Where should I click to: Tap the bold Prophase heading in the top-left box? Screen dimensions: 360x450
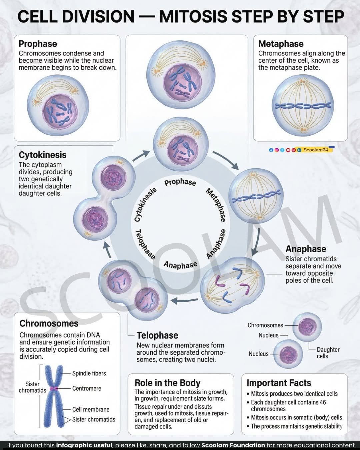click(38, 44)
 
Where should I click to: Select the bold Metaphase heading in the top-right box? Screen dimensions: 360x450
click(281, 44)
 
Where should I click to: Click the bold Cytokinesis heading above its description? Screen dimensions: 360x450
click(42, 155)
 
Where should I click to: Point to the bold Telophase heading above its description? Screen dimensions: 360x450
click(157, 335)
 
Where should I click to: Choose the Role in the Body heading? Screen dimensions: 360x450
click(167, 383)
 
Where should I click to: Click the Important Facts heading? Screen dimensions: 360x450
click(279, 383)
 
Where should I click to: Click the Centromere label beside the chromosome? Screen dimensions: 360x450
click(87, 388)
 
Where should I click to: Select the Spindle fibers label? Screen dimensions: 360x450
click(89, 373)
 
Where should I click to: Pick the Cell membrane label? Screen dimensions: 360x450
click(91, 409)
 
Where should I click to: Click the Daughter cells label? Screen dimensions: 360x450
click(328, 353)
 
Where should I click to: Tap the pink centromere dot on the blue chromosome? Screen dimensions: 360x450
click(54, 389)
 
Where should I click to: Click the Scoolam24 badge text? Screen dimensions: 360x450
click(316, 150)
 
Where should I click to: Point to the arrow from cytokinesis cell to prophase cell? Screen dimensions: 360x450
click(141, 156)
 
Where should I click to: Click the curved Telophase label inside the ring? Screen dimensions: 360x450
click(145, 244)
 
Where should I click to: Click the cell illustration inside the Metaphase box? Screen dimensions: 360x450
click(303, 106)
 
